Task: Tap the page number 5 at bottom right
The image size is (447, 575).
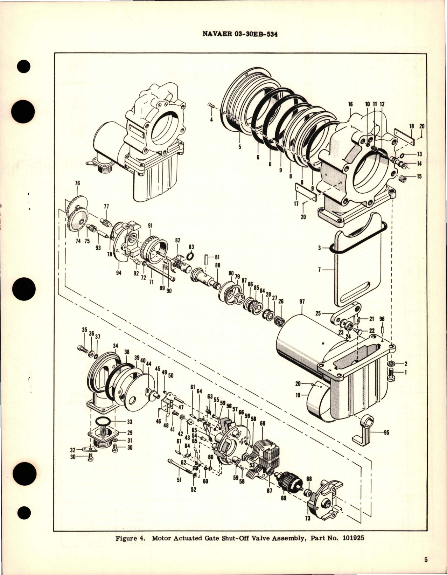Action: coord(426,560)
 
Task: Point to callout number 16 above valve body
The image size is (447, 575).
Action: coord(350,104)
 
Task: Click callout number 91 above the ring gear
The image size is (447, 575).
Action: coord(151,226)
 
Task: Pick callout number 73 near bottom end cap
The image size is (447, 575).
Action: coord(308,519)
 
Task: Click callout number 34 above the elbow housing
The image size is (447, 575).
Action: coord(116,346)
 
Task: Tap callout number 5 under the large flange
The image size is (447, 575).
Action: coord(240,147)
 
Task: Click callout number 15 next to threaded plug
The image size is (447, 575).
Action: coord(419,176)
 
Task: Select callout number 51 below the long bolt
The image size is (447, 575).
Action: coord(179,480)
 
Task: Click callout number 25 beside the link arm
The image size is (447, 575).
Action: coord(318,313)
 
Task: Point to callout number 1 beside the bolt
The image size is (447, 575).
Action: coord(405,373)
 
